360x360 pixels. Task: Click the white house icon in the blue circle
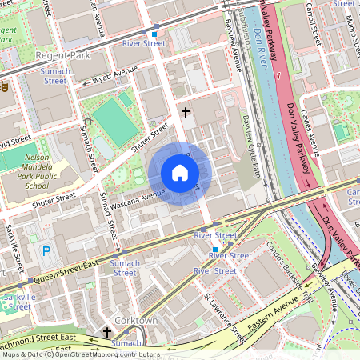click(x=180, y=173)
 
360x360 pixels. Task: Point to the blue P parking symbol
click(x=46, y=251)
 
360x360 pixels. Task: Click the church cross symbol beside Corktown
click(x=107, y=330)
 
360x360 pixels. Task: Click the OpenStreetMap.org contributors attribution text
click(x=104, y=354)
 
